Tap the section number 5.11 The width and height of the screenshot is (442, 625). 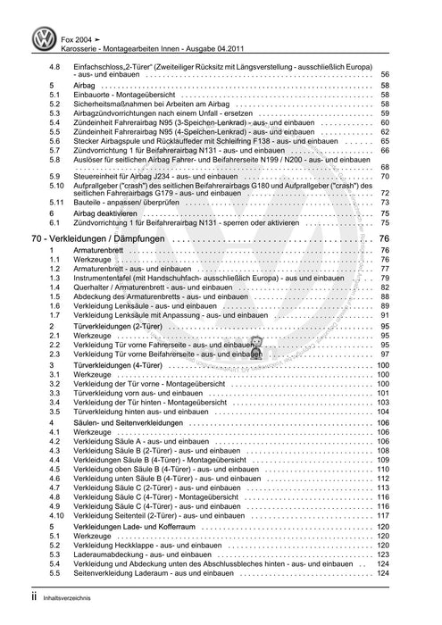pyautogui.click(x=55, y=204)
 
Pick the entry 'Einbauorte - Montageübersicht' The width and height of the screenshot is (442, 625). pyautogui.click(x=124, y=96)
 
